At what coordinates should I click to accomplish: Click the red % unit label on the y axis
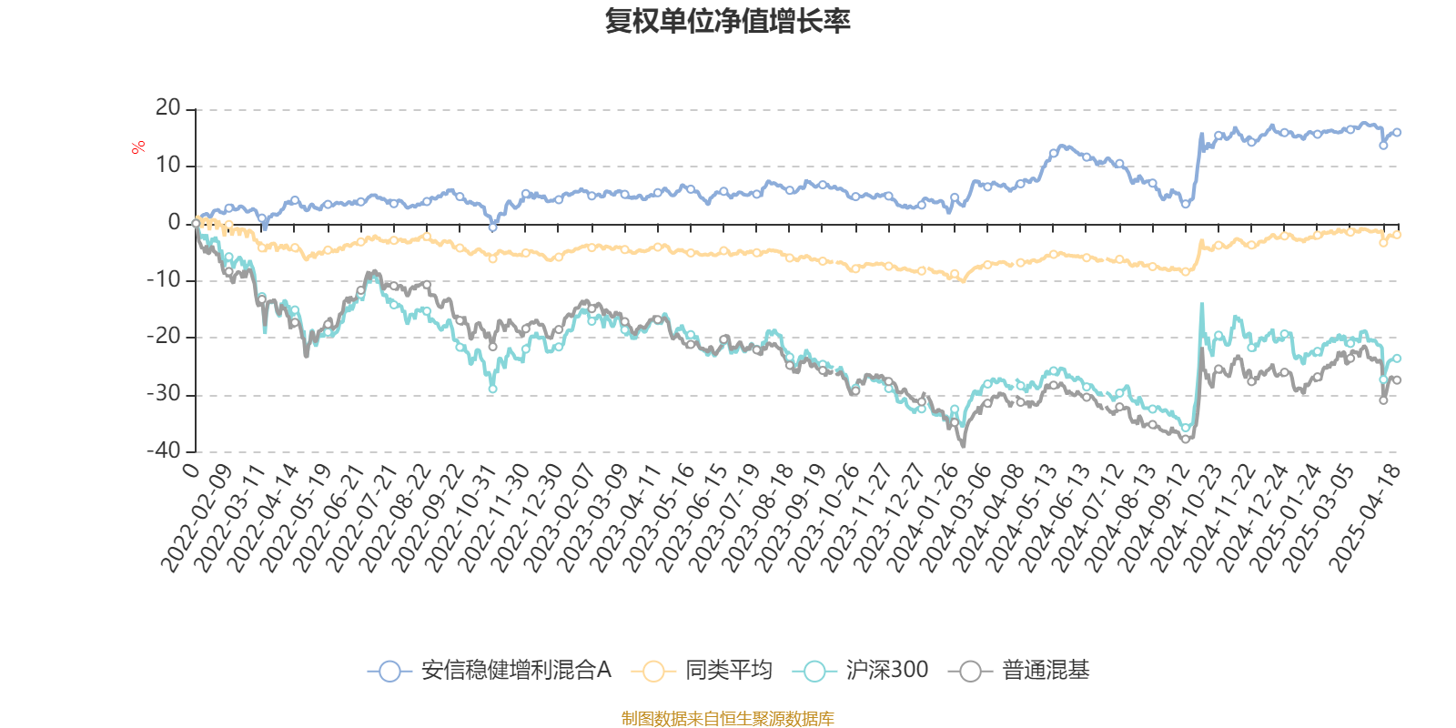click(138, 147)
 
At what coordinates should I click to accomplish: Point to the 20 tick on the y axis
click(168, 108)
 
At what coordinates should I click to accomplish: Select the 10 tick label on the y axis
click(168, 166)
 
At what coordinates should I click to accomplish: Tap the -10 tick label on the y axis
click(165, 280)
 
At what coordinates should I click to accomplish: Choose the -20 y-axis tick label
click(165, 337)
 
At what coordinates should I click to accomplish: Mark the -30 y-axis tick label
click(165, 394)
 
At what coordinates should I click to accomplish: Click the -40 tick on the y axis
click(165, 450)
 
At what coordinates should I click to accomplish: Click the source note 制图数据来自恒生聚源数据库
click(727, 719)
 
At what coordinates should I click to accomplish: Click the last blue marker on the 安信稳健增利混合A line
click(1398, 133)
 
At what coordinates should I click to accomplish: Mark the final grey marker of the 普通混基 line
click(1398, 380)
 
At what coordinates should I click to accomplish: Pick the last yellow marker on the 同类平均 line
click(1398, 235)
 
